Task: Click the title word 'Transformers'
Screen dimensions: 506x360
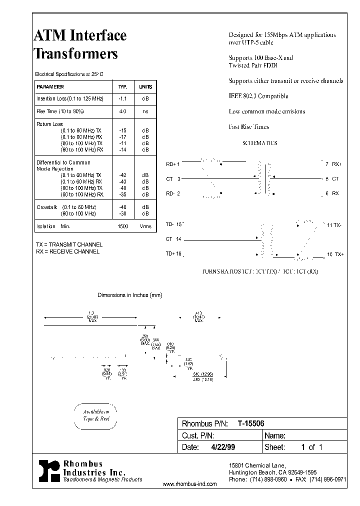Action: tap(75, 53)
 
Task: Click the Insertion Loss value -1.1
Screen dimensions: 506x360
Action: tap(123, 99)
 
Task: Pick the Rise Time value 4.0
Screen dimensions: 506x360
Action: tap(123, 111)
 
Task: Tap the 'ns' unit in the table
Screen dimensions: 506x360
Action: tap(145, 111)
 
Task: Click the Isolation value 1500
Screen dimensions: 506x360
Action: tap(123, 226)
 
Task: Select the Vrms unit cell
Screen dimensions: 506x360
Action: tap(145, 226)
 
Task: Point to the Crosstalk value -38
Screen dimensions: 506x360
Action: tap(123, 213)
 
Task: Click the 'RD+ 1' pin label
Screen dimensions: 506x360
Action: tap(172, 163)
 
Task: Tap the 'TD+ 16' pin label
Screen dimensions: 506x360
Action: tap(173, 254)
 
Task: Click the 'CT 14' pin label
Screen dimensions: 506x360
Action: tap(173, 239)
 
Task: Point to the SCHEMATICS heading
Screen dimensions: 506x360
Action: tap(259, 143)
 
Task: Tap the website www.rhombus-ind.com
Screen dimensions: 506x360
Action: tap(190, 484)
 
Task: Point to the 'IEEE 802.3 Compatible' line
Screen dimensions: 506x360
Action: tap(258, 96)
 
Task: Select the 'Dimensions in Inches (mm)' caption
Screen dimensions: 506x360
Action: tap(129, 295)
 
